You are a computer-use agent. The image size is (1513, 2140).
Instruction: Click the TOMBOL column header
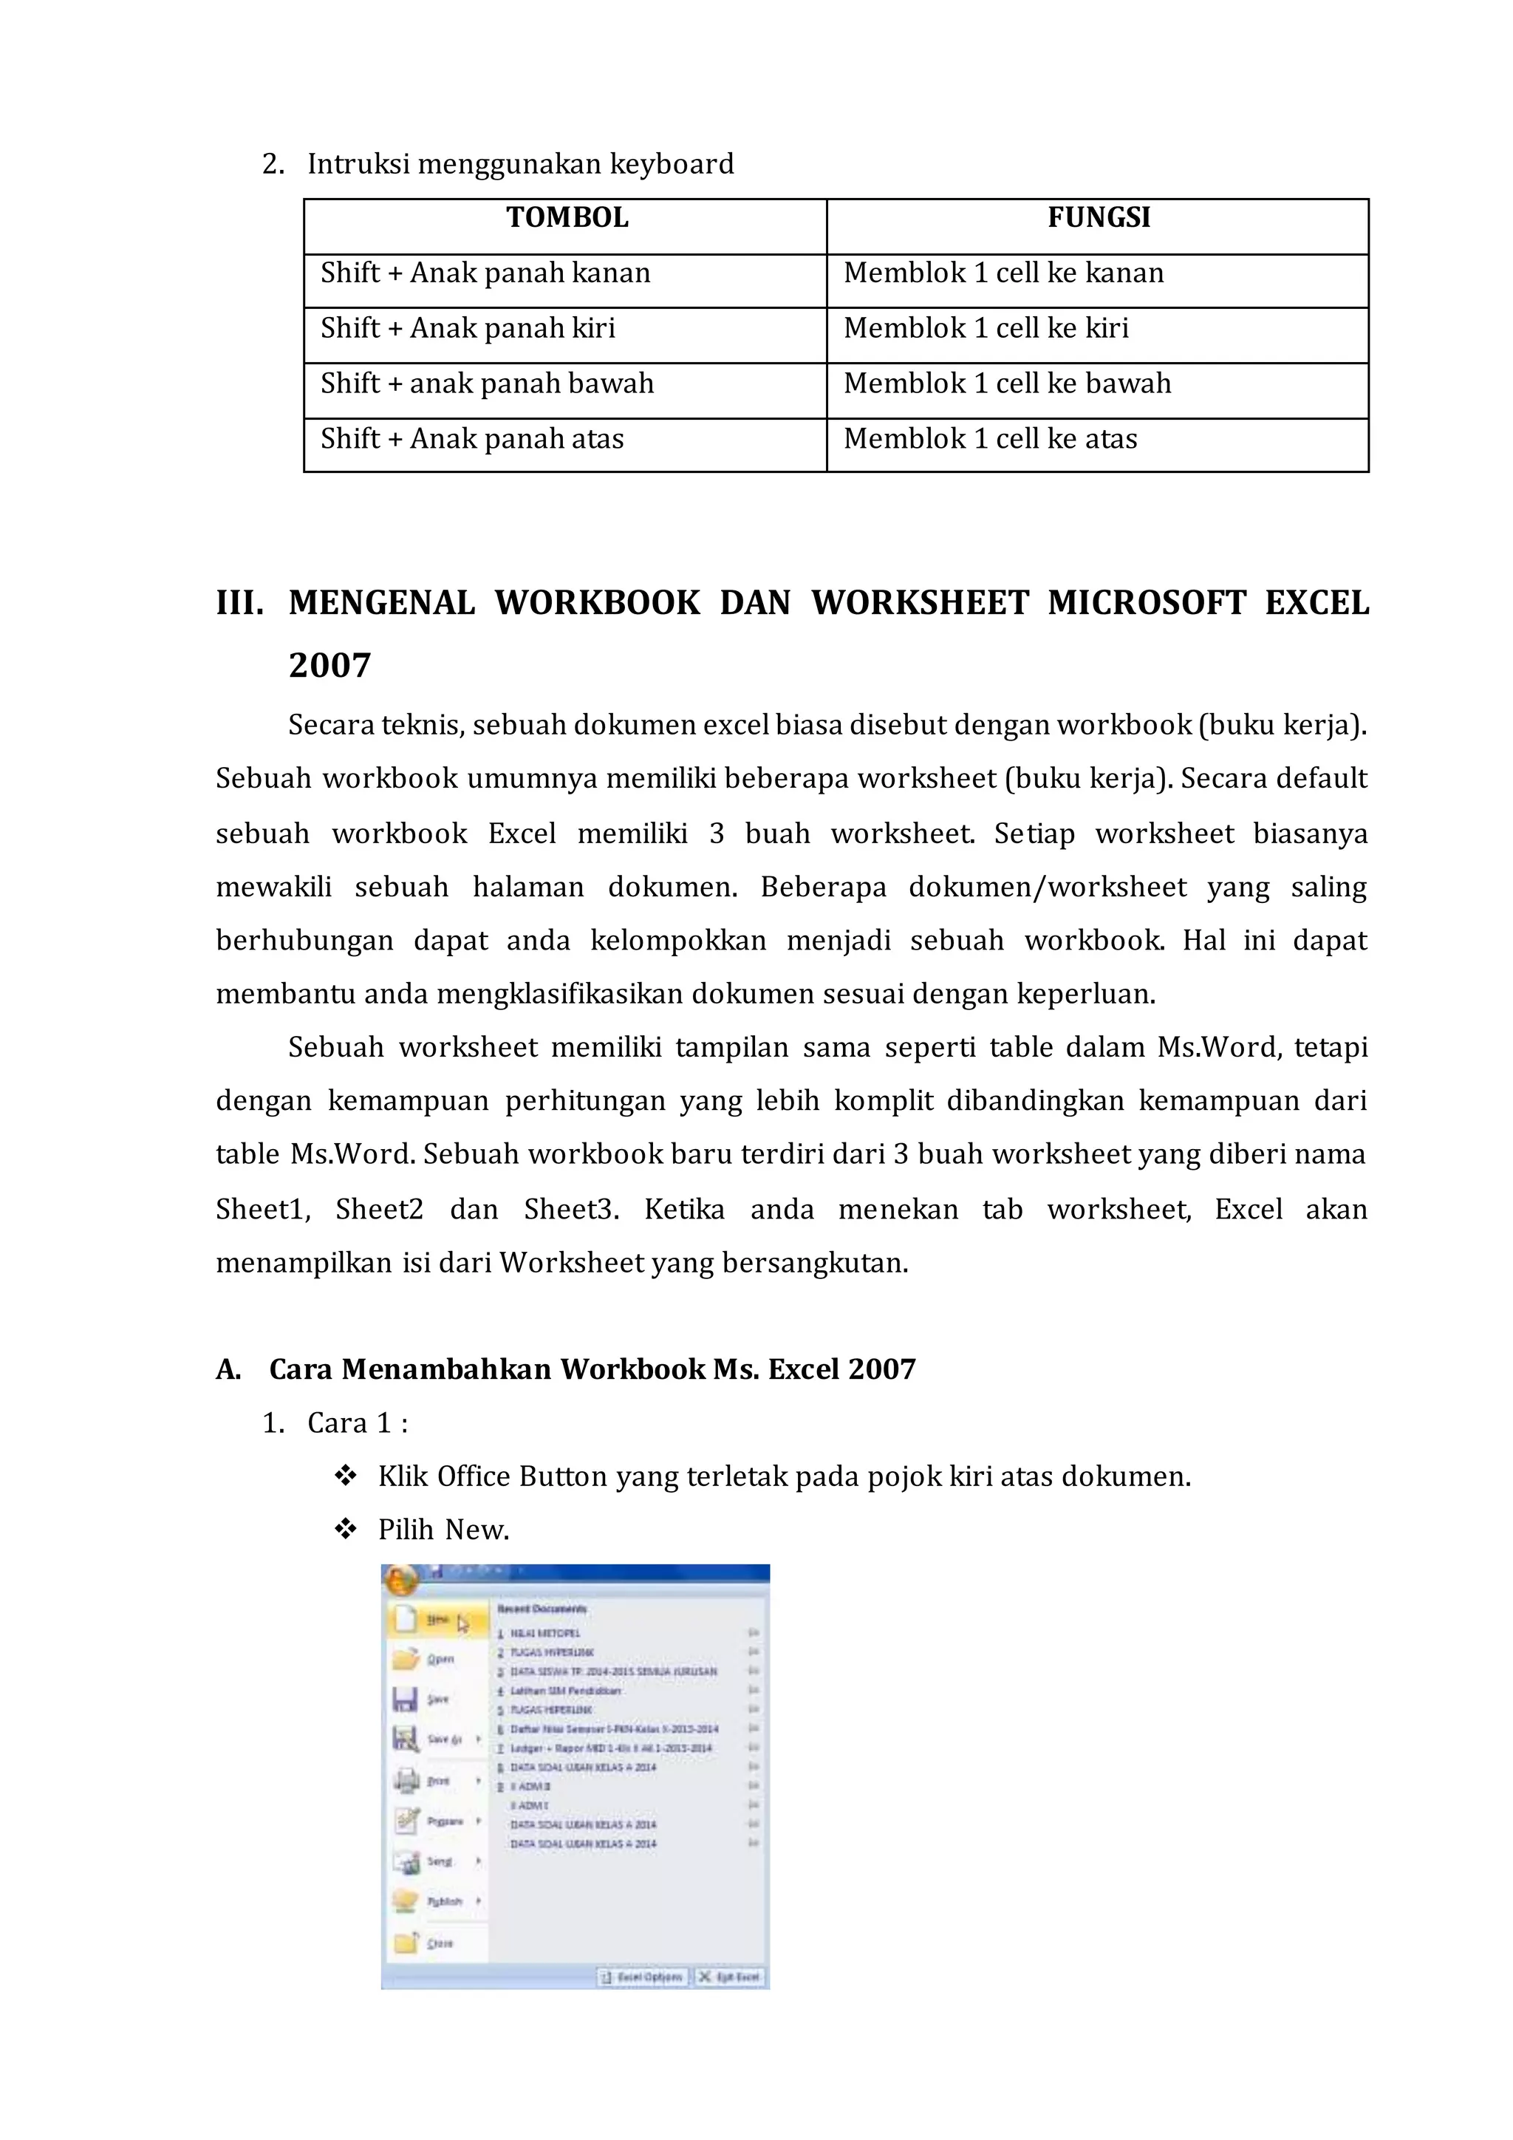click(567, 218)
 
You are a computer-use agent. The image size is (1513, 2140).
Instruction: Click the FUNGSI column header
click(1099, 218)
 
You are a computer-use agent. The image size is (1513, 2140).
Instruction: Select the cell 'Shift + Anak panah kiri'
click(468, 328)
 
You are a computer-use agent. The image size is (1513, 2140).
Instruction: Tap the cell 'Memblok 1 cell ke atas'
click(991, 438)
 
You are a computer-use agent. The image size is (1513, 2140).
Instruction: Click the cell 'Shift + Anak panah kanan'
click(485, 273)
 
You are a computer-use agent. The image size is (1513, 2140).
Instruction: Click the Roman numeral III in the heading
click(239, 603)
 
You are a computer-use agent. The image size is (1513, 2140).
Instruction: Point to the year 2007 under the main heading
click(329, 666)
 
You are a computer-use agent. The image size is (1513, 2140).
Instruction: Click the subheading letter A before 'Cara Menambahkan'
click(228, 1369)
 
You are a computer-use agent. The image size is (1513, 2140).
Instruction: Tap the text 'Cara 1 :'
click(358, 1423)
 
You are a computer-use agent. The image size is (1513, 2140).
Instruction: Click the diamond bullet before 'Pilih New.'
click(346, 1530)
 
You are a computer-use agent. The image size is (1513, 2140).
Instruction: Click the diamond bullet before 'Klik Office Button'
click(346, 1476)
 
